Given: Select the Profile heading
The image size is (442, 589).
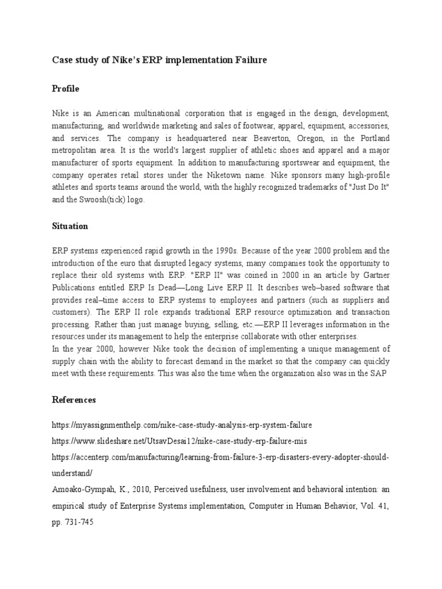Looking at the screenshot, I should point(66,89).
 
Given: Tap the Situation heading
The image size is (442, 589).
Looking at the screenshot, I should point(70,226).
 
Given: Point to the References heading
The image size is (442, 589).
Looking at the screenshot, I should point(74,399).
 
